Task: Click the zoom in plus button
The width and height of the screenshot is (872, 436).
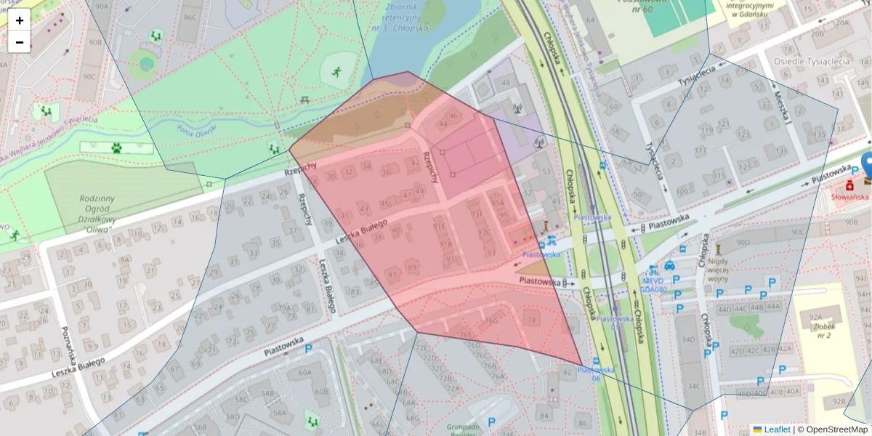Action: [x=20, y=20]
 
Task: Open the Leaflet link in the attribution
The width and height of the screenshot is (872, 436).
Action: [x=777, y=429]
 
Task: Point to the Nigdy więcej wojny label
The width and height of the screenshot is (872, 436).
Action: [x=718, y=269]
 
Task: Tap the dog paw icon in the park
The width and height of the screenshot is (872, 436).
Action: [x=116, y=148]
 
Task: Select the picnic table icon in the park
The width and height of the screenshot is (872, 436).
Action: [x=304, y=100]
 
